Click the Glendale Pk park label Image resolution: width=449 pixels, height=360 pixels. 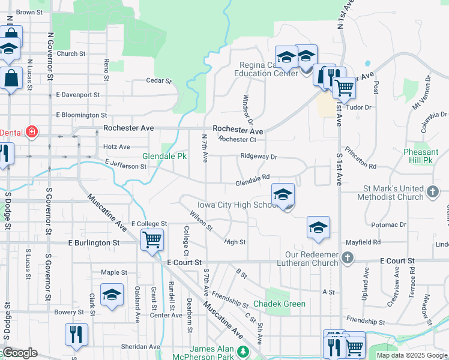coord(164,156)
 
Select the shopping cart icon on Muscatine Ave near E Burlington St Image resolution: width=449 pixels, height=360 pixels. coord(152,240)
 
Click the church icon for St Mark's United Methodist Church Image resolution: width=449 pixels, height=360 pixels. coord(433,192)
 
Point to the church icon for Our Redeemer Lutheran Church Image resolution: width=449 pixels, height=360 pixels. coord(346,257)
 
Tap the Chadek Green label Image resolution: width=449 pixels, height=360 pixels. coord(279,304)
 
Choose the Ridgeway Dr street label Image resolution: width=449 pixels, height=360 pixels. coord(259,157)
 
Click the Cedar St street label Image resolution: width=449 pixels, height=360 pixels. coord(159,80)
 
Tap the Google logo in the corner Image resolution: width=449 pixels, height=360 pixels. coord(19,353)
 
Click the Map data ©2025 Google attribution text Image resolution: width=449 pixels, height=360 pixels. coord(411,355)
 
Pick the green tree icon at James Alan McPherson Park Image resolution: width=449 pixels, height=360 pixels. coord(243,351)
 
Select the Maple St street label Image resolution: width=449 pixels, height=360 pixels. coord(114,272)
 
